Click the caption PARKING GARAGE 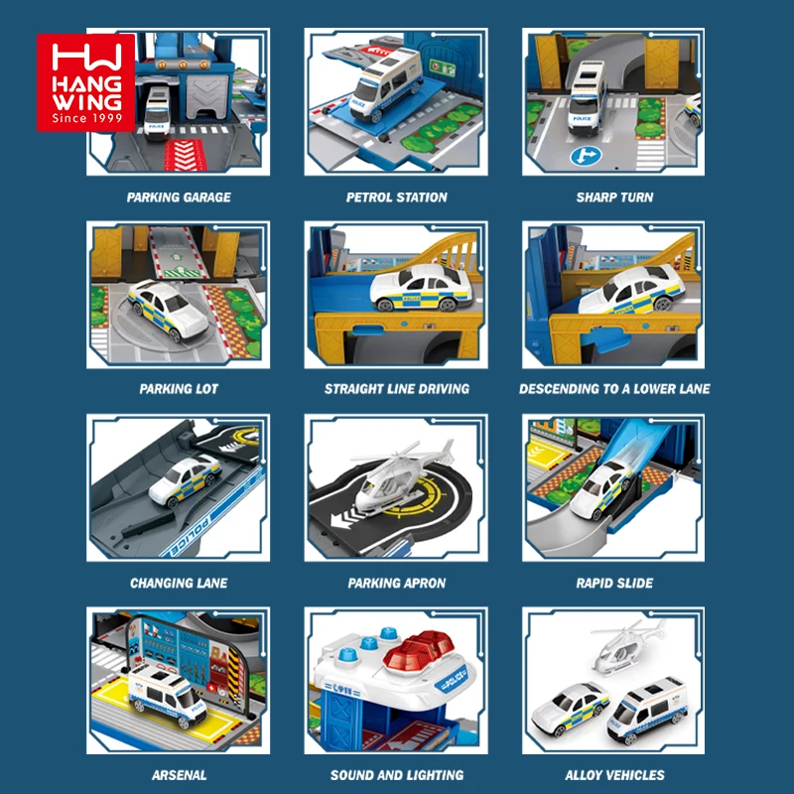(179, 198)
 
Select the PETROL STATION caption (397, 198)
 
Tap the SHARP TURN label (614, 198)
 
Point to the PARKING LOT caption (179, 389)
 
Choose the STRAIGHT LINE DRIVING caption (397, 389)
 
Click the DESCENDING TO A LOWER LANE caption (614, 389)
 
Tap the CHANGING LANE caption (179, 583)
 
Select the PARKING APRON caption (397, 583)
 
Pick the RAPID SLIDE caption (614, 583)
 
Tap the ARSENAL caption (179, 775)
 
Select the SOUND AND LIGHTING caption (397, 775)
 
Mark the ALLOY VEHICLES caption (614, 775)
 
